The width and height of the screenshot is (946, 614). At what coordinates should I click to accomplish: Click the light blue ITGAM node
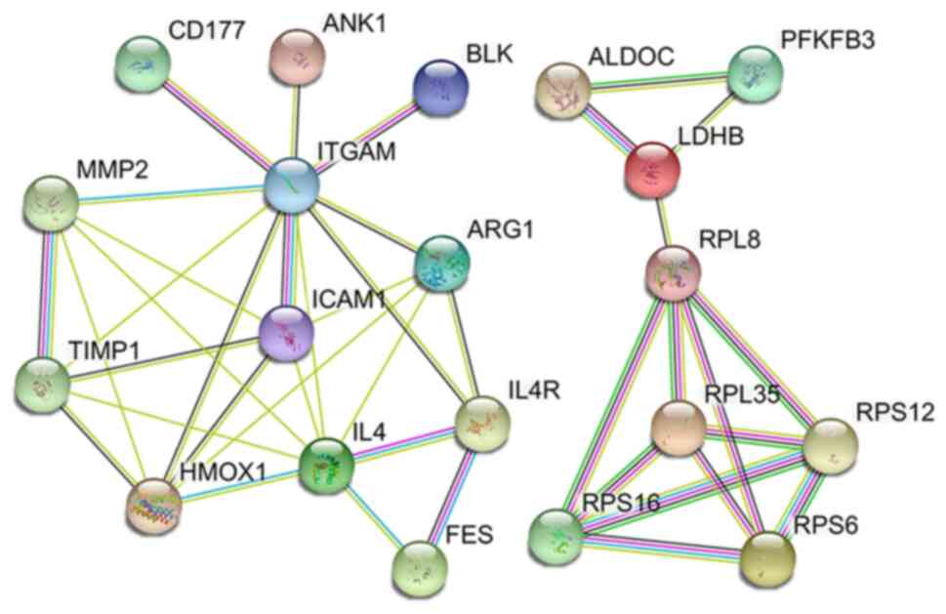tap(292, 181)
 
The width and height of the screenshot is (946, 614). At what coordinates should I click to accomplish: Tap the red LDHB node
tap(651, 167)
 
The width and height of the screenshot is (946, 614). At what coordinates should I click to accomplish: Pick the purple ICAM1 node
tap(289, 329)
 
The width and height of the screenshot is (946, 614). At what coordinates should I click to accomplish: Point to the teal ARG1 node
tap(441, 261)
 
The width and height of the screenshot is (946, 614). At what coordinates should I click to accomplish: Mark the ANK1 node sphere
tap(296, 56)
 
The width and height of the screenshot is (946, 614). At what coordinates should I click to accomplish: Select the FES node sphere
tap(420, 563)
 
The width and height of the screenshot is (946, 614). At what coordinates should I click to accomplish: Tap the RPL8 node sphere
tap(673, 270)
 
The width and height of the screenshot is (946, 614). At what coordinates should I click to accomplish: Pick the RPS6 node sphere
tap(767, 555)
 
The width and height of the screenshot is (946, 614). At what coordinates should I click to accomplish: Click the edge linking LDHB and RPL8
tap(662, 219)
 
